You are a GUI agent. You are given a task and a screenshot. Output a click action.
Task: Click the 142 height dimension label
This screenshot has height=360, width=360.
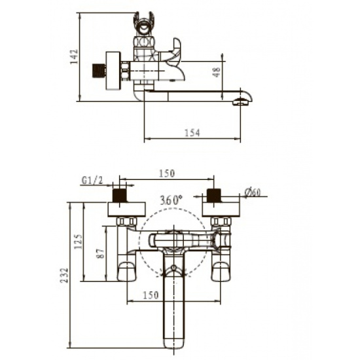click(75, 56)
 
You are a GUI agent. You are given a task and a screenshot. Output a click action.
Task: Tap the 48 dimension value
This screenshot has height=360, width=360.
click(217, 72)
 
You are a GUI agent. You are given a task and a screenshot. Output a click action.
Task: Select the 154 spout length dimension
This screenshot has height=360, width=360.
click(192, 133)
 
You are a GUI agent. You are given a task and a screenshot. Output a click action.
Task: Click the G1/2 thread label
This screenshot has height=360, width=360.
click(92, 181)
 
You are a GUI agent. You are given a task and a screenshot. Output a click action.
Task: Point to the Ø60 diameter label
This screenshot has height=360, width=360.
click(253, 192)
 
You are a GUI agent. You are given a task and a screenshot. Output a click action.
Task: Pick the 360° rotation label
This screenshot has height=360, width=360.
click(171, 200)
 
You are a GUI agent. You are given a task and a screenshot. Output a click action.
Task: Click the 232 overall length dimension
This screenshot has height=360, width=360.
click(65, 275)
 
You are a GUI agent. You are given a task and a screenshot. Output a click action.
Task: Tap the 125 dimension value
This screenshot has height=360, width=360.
click(78, 242)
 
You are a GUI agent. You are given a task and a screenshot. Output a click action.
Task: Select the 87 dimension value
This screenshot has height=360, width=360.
click(101, 253)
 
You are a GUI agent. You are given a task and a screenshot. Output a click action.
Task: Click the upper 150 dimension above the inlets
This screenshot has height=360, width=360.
click(167, 173)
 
